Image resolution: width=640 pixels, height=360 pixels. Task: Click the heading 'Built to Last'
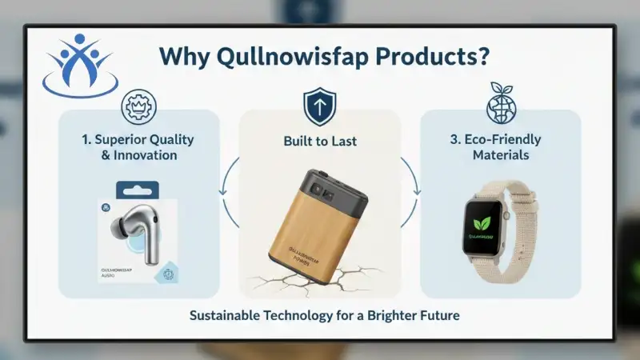click(x=320, y=141)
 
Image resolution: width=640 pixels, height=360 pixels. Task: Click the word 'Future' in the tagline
click(x=440, y=315)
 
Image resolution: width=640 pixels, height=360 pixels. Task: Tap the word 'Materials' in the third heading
click(x=500, y=155)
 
